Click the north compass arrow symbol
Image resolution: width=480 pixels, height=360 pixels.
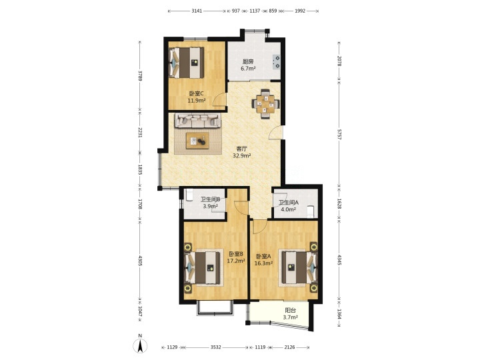(140, 346)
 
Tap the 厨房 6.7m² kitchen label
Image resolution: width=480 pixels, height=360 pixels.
(248, 65)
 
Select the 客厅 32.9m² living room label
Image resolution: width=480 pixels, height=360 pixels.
(242, 152)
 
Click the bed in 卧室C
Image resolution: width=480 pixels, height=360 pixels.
(187, 63)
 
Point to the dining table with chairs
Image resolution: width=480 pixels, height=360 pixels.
(265, 104)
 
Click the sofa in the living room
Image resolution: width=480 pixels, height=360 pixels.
(198, 121)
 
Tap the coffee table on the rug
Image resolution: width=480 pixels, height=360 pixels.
(198, 141)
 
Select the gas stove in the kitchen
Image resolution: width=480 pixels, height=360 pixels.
(276, 61)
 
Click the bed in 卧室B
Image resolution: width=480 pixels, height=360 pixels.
(203, 267)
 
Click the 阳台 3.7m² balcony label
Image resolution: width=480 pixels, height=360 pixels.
(290, 314)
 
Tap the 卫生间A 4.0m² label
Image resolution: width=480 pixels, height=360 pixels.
(289, 206)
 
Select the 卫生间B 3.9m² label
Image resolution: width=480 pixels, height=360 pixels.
(211, 203)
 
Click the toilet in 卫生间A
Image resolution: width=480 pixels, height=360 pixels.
(311, 211)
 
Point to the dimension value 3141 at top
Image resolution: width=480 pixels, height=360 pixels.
(197, 11)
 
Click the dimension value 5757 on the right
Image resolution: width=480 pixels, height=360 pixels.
(339, 134)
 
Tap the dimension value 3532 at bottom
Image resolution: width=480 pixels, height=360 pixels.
(216, 347)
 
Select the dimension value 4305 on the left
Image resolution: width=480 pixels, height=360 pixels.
(140, 261)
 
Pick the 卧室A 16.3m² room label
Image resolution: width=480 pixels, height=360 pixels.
(264, 259)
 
